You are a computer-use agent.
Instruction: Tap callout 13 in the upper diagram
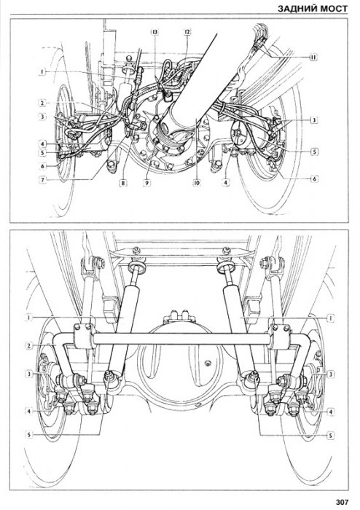(154, 32)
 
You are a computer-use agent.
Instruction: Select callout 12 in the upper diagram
(187, 32)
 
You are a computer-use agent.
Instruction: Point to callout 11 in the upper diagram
(313, 58)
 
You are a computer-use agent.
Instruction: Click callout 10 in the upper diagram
(196, 183)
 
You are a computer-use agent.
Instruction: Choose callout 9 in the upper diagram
(146, 183)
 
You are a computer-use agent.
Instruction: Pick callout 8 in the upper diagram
(122, 183)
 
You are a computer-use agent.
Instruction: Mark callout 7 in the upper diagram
(42, 179)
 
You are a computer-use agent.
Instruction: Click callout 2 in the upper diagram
(42, 103)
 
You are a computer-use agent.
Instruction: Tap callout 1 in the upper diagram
(42, 72)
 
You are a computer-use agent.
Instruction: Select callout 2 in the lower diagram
(29, 345)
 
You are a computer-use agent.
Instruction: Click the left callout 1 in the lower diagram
(29, 317)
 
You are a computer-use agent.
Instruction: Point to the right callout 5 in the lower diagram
(330, 435)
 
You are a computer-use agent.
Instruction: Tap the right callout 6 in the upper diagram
(314, 179)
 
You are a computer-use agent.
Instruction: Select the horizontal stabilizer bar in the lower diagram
(182, 339)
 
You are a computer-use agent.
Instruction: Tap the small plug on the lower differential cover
(206, 363)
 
